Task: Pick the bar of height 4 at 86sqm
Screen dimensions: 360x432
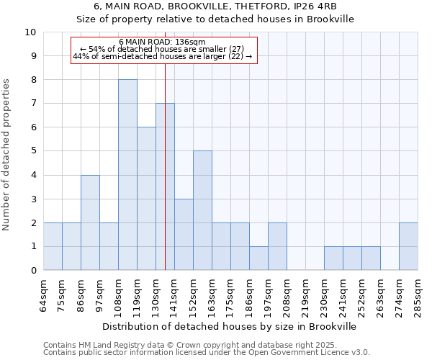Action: tap(90, 222)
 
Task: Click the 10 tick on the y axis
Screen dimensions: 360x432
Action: tap(31, 32)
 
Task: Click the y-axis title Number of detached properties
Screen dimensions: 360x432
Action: tap(7, 155)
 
